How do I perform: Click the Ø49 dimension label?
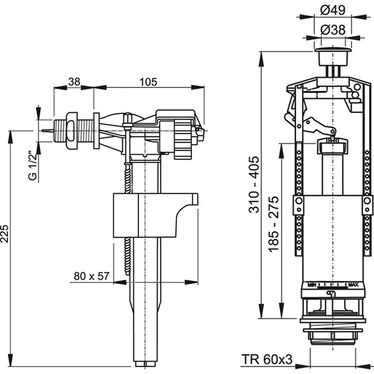pyautogui.click(x=331, y=11)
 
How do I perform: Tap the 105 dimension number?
pyautogui.click(x=148, y=82)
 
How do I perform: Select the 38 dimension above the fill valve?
pyautogui.click(x=74, y=82)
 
